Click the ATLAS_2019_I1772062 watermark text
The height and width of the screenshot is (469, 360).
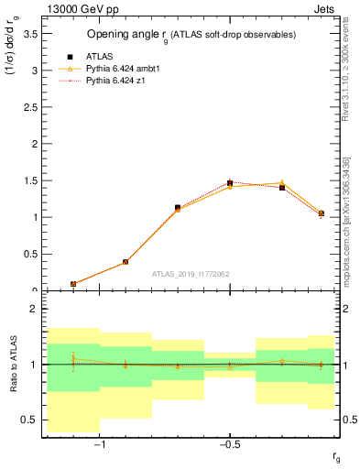(191, 274)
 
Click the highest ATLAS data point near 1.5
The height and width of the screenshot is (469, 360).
(230, 183)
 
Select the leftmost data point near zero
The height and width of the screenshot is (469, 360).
(73, 284)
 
